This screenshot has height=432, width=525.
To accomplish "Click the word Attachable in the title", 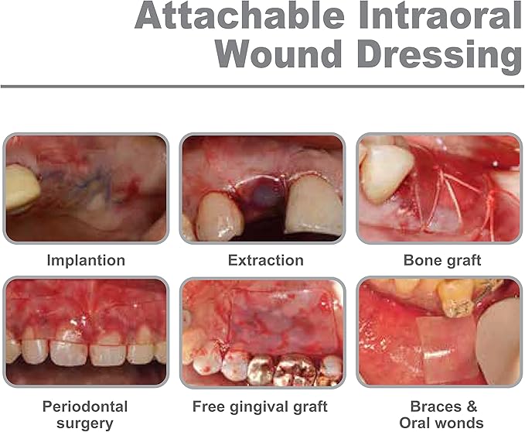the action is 240,15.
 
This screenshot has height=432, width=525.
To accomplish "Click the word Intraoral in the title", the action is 440,15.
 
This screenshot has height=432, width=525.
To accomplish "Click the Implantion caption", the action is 86,260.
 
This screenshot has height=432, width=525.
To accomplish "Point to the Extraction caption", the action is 266,260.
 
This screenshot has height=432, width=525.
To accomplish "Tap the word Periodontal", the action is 85,406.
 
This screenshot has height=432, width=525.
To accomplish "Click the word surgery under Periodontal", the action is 85,423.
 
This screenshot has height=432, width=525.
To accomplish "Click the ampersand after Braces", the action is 472,406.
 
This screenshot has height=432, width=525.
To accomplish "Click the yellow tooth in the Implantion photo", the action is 22,187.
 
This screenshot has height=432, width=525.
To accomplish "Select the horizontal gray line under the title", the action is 262,87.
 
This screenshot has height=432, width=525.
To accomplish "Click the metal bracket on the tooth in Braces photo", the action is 456,307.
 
